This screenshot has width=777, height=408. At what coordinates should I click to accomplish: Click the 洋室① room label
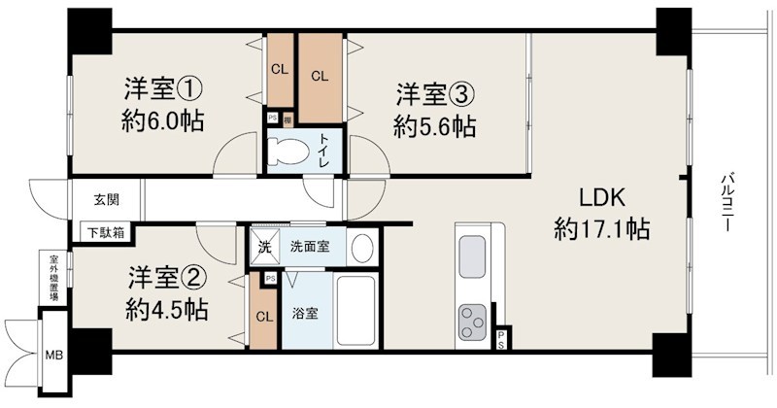(x=162, y=90)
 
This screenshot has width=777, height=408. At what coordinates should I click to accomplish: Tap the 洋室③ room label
(x=434, y=95)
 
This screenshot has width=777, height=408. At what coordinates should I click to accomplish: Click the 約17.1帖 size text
(x=602, y=230)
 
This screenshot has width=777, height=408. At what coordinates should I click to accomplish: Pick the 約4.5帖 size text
(x=167, y=310)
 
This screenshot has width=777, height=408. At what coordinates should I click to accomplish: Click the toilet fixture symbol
(x=292, y=152)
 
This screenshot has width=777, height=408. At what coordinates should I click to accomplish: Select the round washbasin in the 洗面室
(x=361, y=247)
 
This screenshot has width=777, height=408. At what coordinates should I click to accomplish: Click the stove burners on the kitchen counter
(x=474, y=320)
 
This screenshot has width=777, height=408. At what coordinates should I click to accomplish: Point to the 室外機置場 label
(x=55, y=279)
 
